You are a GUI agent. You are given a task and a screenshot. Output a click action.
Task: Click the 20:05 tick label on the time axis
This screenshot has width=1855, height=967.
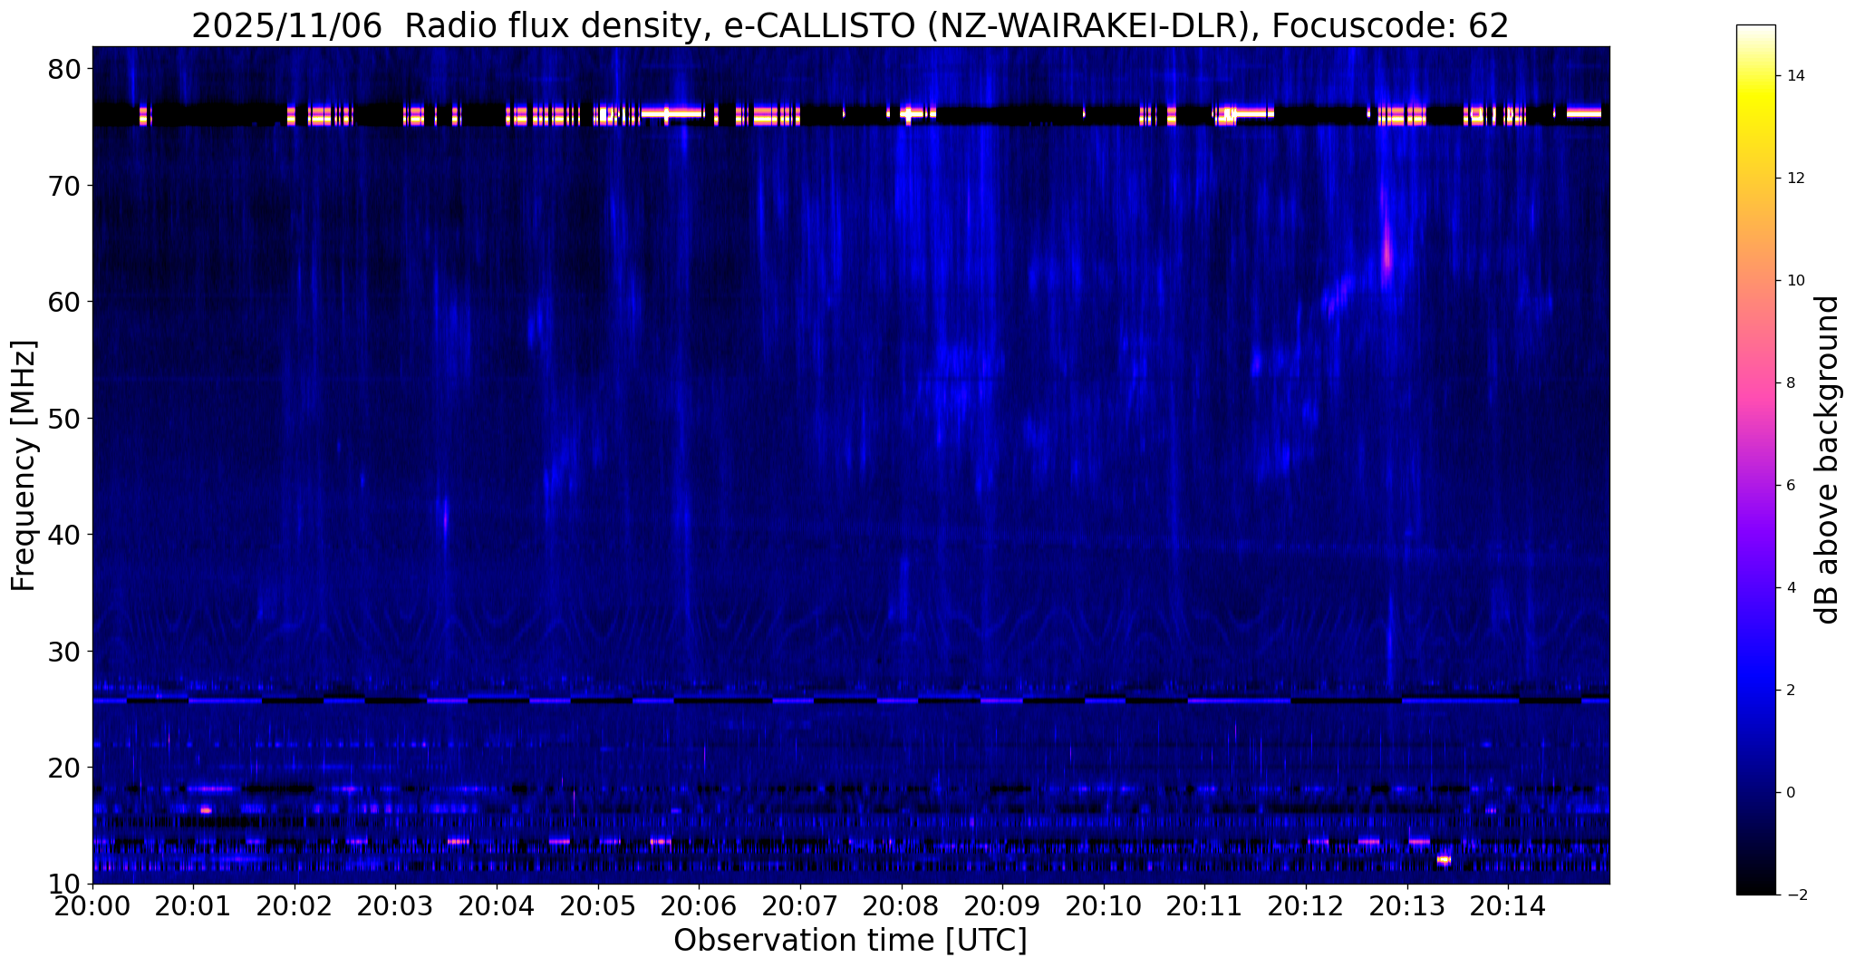click(x=596, y=907)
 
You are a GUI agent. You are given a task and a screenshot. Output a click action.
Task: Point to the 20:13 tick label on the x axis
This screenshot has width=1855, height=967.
click(x=1406, y=907)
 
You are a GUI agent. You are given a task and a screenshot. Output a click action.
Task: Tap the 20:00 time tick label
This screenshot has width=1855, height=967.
click(x=91, y=907)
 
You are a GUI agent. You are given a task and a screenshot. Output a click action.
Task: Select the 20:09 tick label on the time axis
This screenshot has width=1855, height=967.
click(x=1001, y=907)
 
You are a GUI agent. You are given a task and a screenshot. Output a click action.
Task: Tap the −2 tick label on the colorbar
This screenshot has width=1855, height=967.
click(x=1798, y=895)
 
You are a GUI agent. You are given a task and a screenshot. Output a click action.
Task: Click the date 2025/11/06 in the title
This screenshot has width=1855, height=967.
click(x=287, y=26)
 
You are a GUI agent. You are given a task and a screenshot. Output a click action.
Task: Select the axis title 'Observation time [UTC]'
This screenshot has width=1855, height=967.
click(x=850, y=941)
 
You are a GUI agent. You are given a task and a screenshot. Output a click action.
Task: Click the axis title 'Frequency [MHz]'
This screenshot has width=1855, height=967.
click(x=24, y=466)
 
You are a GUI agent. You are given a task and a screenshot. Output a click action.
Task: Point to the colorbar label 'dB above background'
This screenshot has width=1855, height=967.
click(x=1828, y=459)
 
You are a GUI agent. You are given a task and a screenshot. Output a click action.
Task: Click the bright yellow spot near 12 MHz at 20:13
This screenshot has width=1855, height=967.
click(x=1444, y=859)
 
